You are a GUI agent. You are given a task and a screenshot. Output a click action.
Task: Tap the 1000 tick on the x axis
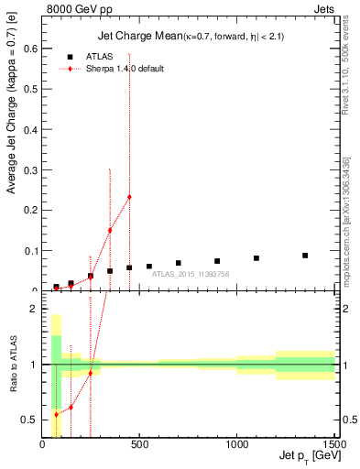click(x=236, y=445)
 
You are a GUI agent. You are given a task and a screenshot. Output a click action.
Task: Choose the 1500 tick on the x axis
click(x=334, y=445)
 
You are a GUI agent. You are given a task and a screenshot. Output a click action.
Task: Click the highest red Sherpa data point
click(x=129, y=197)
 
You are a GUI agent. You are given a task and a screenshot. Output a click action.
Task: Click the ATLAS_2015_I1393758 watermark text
click(x=190, y=273)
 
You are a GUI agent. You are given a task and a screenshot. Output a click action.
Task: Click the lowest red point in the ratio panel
click(x=57, y=414)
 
